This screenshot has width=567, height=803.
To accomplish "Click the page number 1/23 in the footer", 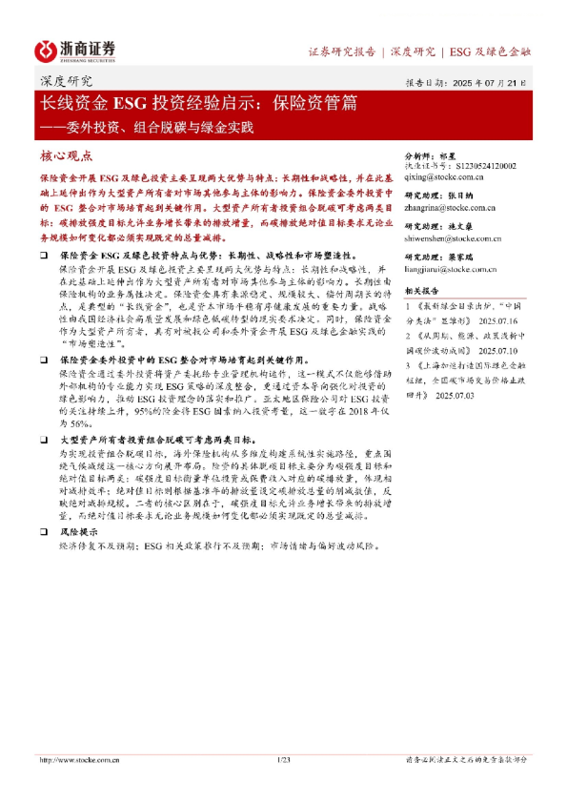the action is click(282, 759).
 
